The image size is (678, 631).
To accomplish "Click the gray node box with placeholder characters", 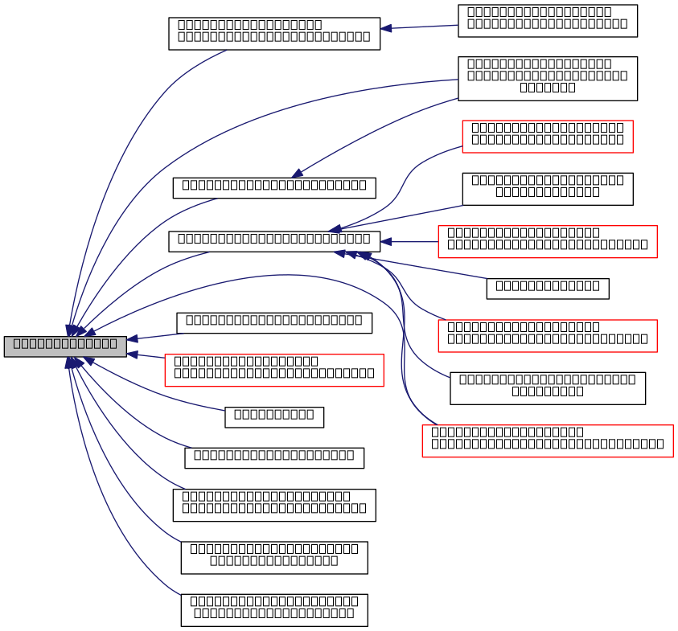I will tap(65, 346).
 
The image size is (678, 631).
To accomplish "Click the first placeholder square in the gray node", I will tap(17, 343).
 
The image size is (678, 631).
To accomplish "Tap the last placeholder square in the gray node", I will tap(113, 343).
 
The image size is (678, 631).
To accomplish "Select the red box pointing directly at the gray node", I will tap(273, 371).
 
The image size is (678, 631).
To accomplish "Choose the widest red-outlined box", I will tap(547, 441).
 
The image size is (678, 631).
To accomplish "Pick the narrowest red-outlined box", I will tap(547, 137).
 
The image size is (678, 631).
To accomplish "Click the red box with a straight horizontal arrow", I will tap(547, 242).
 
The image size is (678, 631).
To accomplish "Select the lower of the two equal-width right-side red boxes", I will tap(547, 336).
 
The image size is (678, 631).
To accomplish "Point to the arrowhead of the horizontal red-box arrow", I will tap(385, 242).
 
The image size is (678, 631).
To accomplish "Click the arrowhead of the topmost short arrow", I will tap(385, 28).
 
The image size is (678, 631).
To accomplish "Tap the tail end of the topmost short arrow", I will tap(457, 25).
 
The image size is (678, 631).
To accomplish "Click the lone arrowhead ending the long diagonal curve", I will tap(297, 173).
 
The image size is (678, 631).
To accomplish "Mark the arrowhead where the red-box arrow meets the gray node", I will tap(132, 354).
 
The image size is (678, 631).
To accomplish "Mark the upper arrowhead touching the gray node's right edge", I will tap(132, 338).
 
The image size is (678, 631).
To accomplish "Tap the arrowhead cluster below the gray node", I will tap(75, 363).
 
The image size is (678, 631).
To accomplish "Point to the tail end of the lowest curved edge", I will tap(180, 595).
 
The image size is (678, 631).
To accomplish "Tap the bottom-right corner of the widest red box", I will tap(672, 457).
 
